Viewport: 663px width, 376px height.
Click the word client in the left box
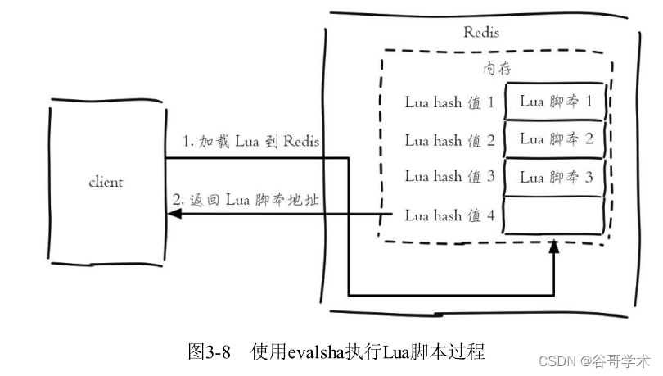coord(106,182)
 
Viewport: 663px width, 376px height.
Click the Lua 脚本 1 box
coord(556,102)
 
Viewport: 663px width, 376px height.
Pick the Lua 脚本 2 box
coord(556,138)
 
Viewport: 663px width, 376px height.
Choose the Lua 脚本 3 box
coord(556,176)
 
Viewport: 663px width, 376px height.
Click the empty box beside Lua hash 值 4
coord(556,215)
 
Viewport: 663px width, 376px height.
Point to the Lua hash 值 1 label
coord(449,103)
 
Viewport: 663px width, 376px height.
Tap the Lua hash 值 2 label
coord(449,140)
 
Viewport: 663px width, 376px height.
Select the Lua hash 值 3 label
coord(449,176)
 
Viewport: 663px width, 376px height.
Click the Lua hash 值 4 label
coord(449,215)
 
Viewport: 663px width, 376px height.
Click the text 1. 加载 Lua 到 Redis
coord(250,141)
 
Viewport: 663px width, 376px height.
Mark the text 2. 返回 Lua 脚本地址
coord(244,200)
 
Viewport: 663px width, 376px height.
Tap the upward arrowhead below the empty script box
coord(555,246)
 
